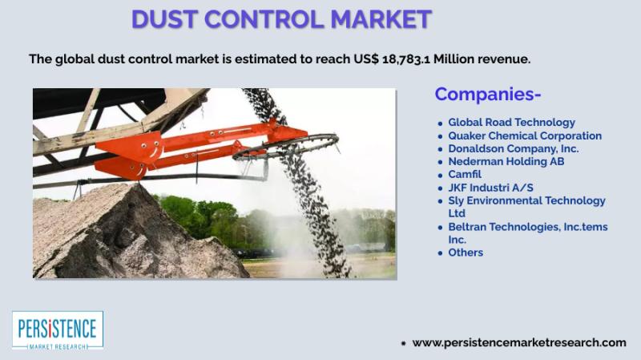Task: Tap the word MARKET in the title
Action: pyautogui.click(x=381, y=19)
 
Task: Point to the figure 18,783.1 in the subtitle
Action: pyautogui.click(x=406, y=59)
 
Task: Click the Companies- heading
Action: pyautogui.click(x=488, y=94)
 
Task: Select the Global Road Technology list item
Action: pyautogui.click(x=511, y=123)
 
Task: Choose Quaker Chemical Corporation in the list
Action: pyautogui.click(x=525, y=136)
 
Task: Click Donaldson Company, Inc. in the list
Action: pyautogui.click(x=514, y=148)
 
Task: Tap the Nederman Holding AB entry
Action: pyautogui.click(x=506, y=162)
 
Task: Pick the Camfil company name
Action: pyautogui.click(x=465, y=174)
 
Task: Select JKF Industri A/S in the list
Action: pyautogui.click(x=490, y=188)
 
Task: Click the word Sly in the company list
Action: pyautogui.click(x=456, y=201)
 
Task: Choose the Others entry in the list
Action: pyautogui.click(x=466, y=253)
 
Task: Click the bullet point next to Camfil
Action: pyautogui.click(x=440, y=176)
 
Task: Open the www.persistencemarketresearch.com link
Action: pyautogui.click(x=519, y=343)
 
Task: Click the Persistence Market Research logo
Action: pyautogui.click(x=58, y=330)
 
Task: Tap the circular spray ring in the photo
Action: pyautogui.click(x=286, y=147)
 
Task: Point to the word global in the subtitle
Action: pyautogui.click(x=75, y=59)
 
